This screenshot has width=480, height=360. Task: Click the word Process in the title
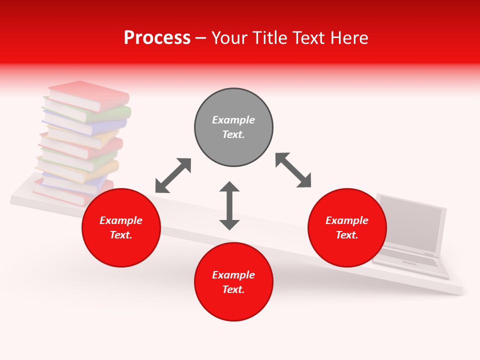[x=157, y=38]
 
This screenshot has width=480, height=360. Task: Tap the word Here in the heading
[x=348, y=38]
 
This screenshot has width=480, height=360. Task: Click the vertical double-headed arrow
[x=229, y=205]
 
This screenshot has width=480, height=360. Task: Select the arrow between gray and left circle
[x=173, y=175]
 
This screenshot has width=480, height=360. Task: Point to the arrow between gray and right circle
[x=293, y=170]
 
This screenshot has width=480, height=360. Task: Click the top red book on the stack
[x=90, y=94]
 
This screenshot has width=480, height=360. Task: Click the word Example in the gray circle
[x=233, y=120]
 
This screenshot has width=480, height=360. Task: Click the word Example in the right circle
[x=347, y=220]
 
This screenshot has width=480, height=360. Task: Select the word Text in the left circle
[x=120, y=235]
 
